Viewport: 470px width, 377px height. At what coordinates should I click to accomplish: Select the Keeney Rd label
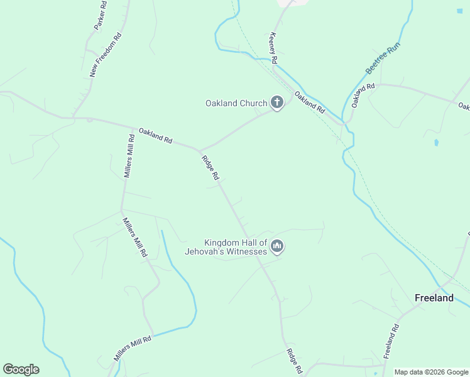pos(273,48)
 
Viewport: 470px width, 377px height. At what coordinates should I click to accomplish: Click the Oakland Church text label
pos(236,103)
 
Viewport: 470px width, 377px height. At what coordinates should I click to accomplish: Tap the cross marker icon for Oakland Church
pos(276,102)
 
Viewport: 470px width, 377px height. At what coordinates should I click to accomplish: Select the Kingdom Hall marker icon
pos(277,246)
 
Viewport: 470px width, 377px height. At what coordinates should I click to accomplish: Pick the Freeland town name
pos(434,298)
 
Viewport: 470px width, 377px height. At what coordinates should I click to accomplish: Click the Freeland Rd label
pos(391,340)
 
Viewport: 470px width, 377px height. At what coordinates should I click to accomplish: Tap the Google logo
pos(21,369)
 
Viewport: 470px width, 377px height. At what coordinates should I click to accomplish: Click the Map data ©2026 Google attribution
pos(431,372)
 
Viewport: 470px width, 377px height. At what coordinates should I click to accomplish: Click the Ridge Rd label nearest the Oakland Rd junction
pos(210,168)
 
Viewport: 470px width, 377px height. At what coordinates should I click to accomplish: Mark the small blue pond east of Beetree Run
pos(436,143)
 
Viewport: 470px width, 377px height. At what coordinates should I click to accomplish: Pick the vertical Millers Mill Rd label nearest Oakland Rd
pos(128,156)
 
